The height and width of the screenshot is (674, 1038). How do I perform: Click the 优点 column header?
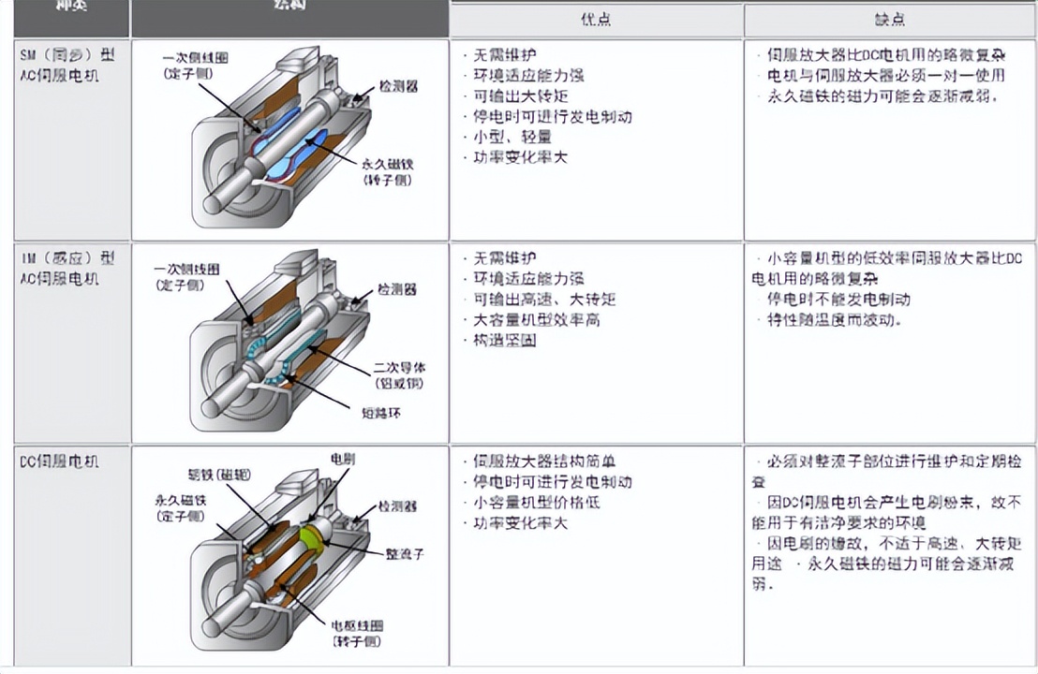pos(596,20)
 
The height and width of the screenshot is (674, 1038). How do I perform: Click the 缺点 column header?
pos(889,20)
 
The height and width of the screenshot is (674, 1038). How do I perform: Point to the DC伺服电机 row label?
pos(59,462)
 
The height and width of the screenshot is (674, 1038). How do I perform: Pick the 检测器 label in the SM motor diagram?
pos(398,85)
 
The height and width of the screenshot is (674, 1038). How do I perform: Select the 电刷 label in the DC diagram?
pos(343,459)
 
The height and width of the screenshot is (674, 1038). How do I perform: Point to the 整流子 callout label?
pos(405,553)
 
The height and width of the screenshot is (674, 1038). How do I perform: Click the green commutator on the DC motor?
pos(312,537)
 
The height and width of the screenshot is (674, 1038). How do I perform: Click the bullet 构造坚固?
pos(505,340)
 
